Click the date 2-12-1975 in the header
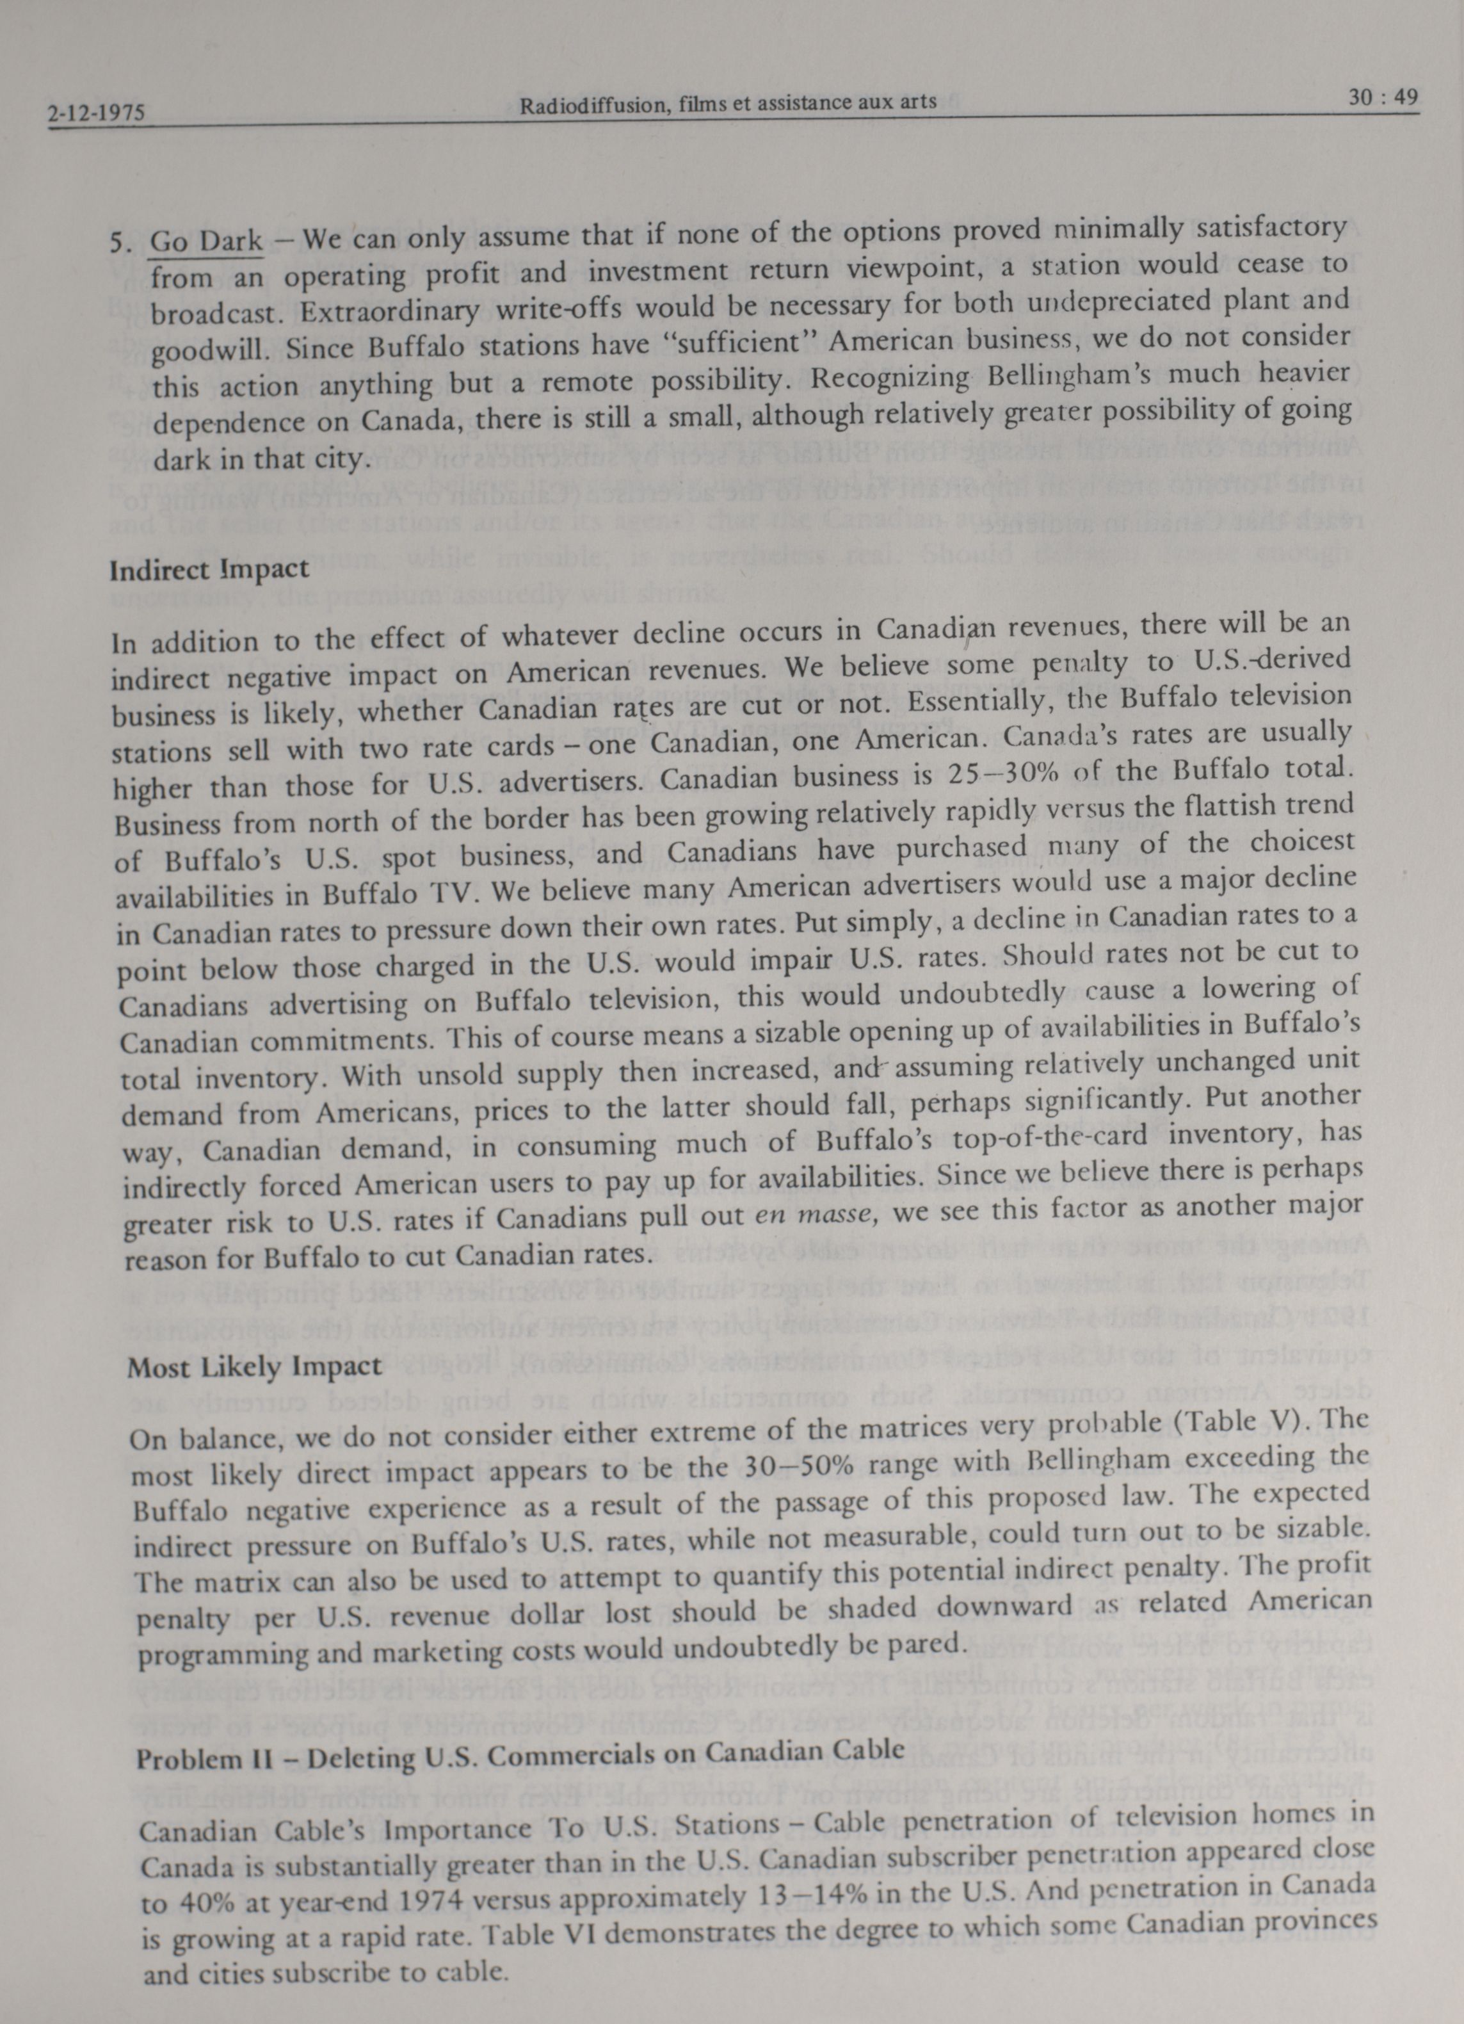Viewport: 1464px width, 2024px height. (x=97, y=114)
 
